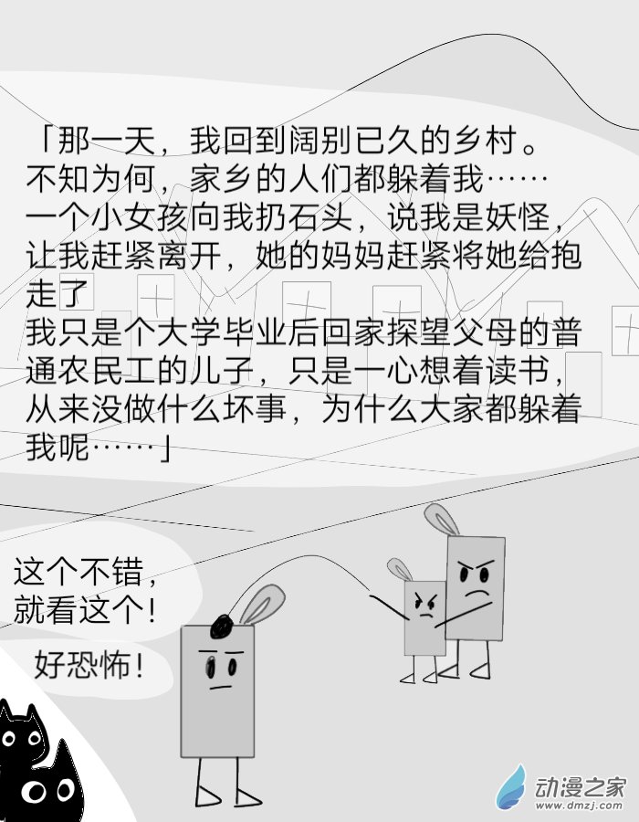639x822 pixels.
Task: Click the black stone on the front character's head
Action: coord(222,626)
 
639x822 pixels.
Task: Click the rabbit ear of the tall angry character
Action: coord(441,519)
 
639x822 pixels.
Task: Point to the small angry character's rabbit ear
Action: coord(400,569)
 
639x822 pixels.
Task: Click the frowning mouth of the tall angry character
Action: coord(477,594)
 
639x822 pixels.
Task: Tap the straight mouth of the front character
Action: coord(220,687)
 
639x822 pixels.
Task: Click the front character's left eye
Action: coord(211,668)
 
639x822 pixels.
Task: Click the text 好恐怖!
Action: coord(89,665)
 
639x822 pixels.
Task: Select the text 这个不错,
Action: coord(86,572)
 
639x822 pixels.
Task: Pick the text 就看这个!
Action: coord(85,610)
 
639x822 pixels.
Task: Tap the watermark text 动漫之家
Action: coord(581,787)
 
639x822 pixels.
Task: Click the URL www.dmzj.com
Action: coord(579,806)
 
